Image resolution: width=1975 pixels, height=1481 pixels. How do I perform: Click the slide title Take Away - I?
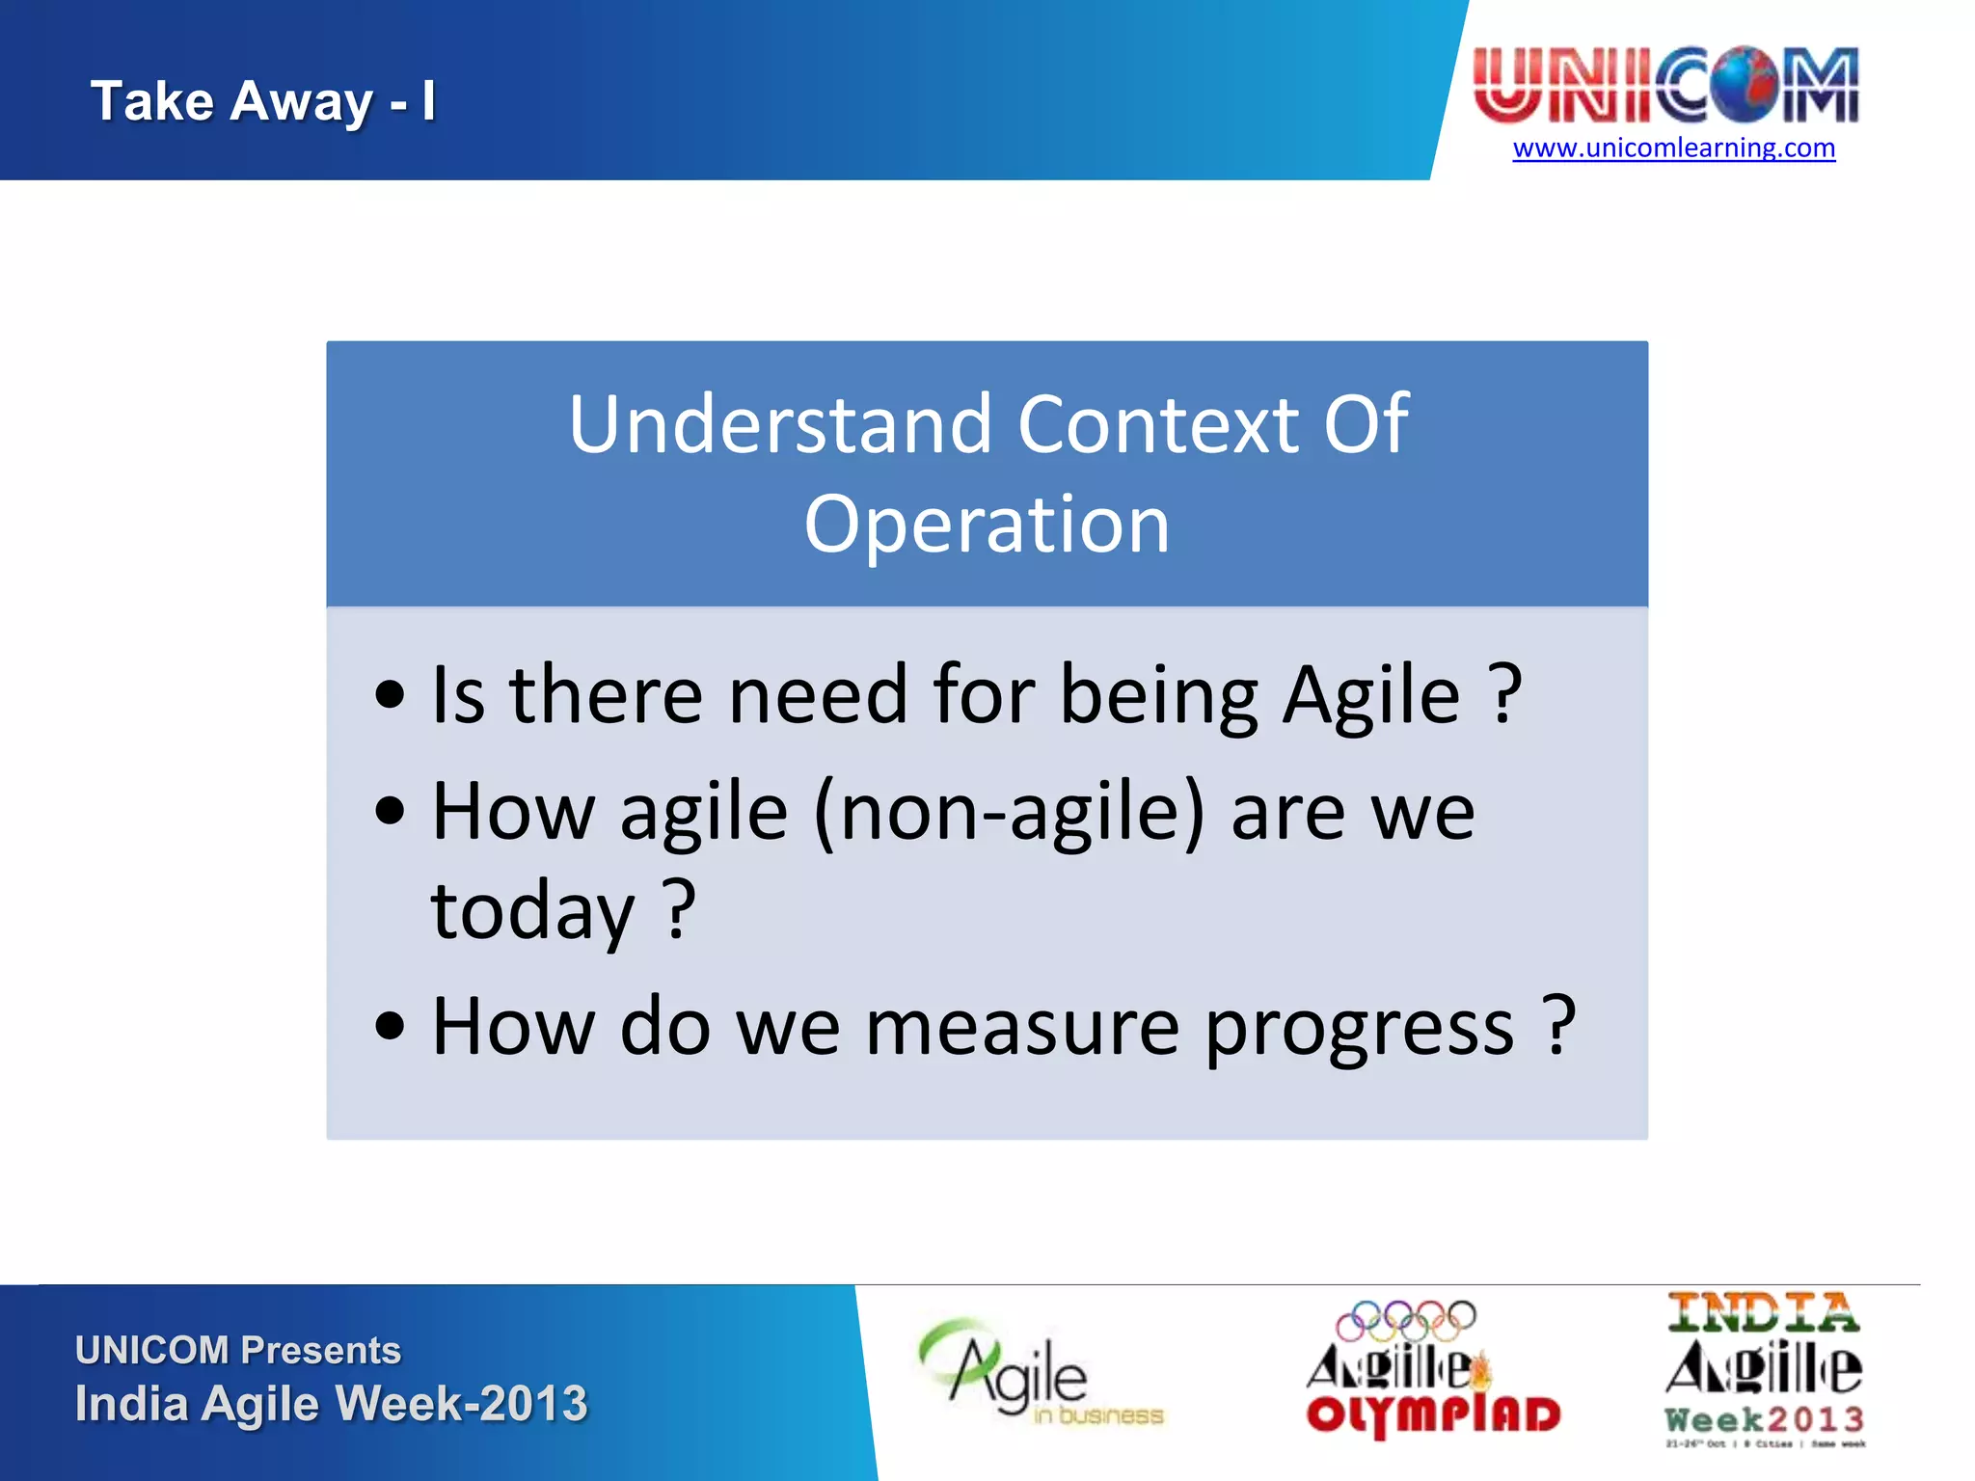coord(262,101)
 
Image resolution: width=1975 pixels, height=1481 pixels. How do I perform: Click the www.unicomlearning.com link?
coord(1673,148)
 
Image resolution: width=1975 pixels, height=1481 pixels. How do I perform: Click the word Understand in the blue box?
coord(779,424)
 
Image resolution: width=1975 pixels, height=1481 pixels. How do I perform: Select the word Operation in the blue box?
coord(987,525)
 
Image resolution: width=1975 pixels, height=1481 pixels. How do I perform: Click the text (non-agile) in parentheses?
coord(1010,813)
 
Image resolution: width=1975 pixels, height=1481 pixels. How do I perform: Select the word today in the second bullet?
coord(532,911)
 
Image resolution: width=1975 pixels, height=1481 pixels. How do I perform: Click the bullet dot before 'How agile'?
coord(391,813)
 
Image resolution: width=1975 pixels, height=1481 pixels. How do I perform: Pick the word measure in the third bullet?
coord(1022,1028)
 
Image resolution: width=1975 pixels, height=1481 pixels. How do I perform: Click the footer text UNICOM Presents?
coord(238,1350)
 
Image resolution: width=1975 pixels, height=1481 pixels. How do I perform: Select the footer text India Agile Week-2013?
coord(331,1404)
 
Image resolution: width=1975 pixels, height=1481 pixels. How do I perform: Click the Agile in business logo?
coord(1037,1374)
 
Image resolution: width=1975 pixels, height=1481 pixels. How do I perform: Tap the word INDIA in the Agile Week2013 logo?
coord(1763,1313)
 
